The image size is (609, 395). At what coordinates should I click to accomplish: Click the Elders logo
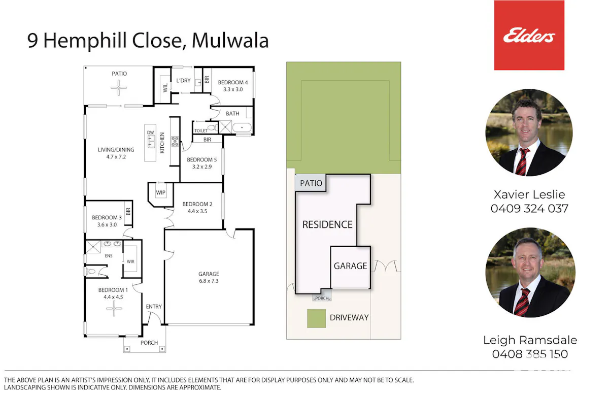529,35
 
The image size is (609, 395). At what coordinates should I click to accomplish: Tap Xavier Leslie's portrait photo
529,133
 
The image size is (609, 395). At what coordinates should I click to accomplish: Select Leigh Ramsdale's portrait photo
530,272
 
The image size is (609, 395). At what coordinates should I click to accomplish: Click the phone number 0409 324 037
529,209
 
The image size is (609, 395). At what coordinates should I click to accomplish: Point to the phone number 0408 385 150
530,354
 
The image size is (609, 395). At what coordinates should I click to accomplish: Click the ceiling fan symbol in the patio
119,88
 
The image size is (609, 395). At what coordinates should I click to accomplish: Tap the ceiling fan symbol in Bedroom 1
114,308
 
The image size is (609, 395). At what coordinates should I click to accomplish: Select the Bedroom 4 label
233,82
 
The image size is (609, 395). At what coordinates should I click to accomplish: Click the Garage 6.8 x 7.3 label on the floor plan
209,277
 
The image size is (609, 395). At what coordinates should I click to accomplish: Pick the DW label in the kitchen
150,133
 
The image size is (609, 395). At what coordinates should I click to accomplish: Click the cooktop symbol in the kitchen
175,141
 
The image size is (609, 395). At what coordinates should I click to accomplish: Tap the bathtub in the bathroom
242,127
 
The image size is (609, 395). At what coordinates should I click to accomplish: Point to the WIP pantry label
161,192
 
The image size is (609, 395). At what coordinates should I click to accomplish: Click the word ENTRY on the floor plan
154,307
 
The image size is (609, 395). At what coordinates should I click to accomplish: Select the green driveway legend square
317,318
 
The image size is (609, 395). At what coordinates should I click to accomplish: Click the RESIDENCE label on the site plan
327,224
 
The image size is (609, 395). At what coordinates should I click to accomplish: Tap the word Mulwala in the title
230,41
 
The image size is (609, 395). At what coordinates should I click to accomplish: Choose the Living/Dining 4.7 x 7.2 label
116,153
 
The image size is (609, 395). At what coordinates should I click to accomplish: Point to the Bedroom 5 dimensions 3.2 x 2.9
202,167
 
